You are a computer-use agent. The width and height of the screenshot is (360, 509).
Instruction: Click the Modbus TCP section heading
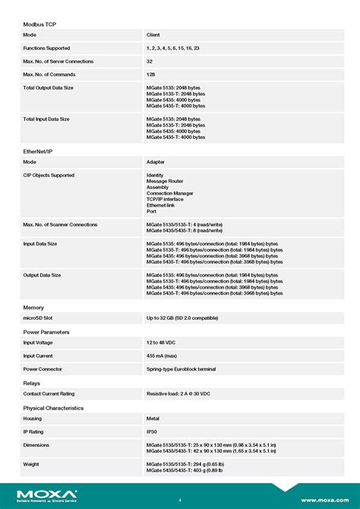39,24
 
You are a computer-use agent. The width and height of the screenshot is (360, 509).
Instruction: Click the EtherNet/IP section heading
38,151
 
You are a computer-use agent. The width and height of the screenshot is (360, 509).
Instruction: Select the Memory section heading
33,307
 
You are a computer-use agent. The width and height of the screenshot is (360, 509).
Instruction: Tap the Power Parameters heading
46,332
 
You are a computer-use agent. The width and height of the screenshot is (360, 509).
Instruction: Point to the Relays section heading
31,383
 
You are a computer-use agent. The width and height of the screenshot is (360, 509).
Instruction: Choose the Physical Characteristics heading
53,408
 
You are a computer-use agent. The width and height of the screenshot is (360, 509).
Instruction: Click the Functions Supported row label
46,48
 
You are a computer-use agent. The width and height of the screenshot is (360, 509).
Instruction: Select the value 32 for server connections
150,61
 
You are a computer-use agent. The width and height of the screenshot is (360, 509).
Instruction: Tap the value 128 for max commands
151,74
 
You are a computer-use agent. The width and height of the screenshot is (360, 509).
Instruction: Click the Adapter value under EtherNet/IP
156,162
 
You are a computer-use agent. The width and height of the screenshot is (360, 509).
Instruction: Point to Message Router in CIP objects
165,182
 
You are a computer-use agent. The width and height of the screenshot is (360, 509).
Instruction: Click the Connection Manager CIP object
169,193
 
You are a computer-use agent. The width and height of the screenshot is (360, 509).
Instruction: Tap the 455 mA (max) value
163,356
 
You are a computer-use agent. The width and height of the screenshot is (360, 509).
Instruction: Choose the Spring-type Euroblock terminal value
181,369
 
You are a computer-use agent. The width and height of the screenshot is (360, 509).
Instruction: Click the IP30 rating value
153,432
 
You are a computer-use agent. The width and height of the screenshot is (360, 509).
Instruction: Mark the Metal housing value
153,419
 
